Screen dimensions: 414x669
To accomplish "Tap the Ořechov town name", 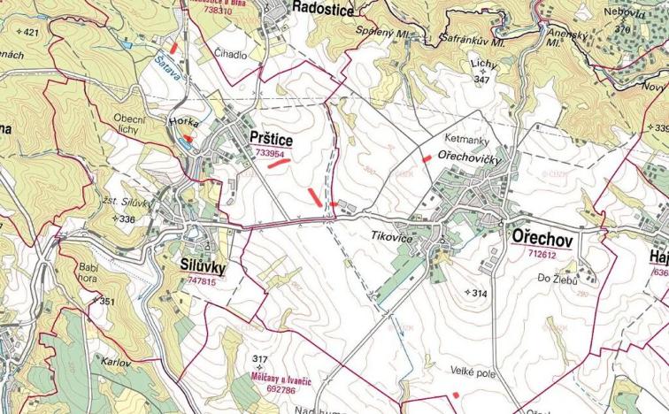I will (x=542, y=239).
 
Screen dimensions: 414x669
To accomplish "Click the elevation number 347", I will (x=481, y=80).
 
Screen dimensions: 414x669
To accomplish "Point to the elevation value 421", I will (x=31, y=33).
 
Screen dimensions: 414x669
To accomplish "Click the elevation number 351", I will (x=105, y=302).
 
